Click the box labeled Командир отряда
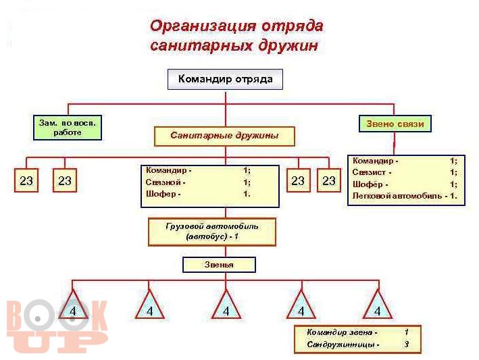pos(225,80)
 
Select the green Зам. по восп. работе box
pos(68,128)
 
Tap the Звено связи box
pos(395,124)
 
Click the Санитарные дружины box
pos(224,136)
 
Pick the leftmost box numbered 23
pos(26,180)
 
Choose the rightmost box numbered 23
pos(329,180)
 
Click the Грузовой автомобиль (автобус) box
pos(212,232)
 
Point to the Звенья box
pos(219,265)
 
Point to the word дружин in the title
pos(288,46)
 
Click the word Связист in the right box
pos(369,172)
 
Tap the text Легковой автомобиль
pos(397,196)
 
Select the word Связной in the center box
pos(163,182)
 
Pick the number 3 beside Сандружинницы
pos(407,344)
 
